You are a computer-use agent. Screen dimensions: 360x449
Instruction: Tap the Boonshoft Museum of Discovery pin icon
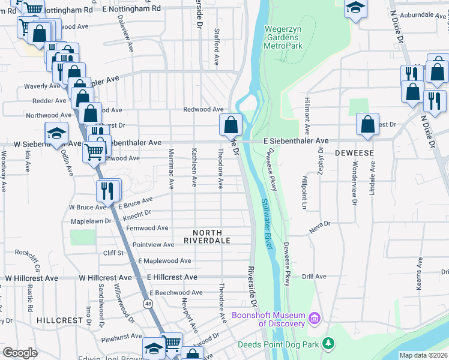[313, 317]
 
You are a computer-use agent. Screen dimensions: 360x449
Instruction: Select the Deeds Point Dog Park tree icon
[328, 344]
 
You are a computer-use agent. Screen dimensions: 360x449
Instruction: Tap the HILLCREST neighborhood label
[59, 320]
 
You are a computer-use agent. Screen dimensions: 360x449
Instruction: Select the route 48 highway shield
[148, 304]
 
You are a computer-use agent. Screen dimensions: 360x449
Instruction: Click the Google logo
[20, 352]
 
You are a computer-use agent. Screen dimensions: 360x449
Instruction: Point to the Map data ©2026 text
[423, 355]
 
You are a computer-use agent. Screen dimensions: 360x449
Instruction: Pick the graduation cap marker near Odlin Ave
[56, 134]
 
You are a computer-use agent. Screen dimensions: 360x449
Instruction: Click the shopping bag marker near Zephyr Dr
[367, 125]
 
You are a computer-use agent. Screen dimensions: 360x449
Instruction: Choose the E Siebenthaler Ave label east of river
[297, 141]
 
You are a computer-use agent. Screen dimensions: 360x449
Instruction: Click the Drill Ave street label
[314, 277]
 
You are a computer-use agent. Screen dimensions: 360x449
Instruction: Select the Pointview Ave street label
[153, 245]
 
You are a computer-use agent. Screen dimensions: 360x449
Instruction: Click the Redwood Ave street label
[203, 110]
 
